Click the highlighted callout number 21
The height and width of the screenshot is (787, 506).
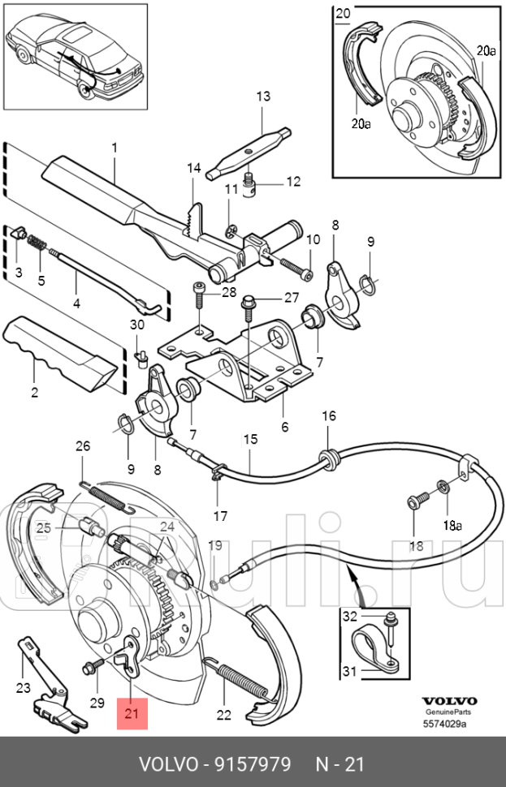(x=132, y=712)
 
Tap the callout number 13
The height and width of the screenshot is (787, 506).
(x=263, y=96)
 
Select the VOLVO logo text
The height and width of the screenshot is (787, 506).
(x=448, y=701)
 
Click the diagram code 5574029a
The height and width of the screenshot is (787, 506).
(x=445, y=723)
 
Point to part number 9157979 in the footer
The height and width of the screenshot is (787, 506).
(x=253, y=764)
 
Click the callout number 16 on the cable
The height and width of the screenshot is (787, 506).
(x=329, y=416)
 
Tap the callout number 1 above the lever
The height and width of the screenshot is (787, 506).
(x=115, y=148)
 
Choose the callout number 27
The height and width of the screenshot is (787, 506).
(x=292, y=297)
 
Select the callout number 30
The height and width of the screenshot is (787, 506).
(x=137, y=325)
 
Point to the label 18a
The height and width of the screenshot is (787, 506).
(x=452, y=526)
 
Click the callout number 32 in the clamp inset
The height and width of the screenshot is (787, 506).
(x=350, y=615)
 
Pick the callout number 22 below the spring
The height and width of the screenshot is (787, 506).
(x=223, y=714)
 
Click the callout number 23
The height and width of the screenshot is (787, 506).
(x=23, y=687)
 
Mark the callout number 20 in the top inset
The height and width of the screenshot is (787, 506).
(x=343, y=13)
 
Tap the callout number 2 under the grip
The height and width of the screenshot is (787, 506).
(x=34, y=392)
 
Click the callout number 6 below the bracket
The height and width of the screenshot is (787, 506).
(x=285, y=427)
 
